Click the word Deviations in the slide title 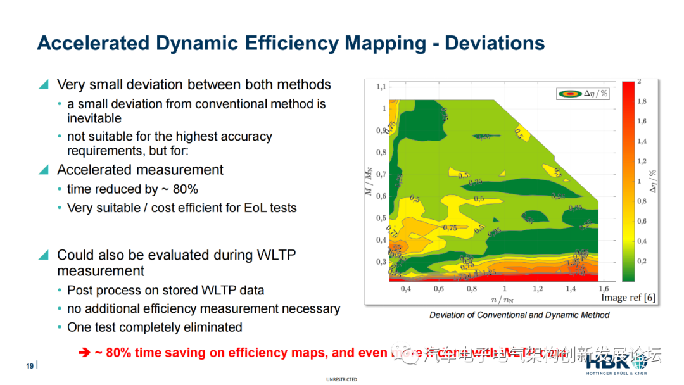[x=495, y=43]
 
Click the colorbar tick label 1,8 [x=642, y=101]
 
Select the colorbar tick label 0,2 [x=642, y=261]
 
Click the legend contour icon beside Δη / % [x=569, y=93]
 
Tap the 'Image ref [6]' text [x=628, y=298]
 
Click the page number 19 [x=29, y=366]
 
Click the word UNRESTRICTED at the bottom [x=341, y=379]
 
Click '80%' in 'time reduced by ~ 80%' [x=184, y=189]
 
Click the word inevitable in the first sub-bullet [x=94, y=118]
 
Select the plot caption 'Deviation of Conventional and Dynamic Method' [x=519, y=315]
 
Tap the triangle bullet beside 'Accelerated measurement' [x=43, y=170]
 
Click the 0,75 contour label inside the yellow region [x=450, y=228]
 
